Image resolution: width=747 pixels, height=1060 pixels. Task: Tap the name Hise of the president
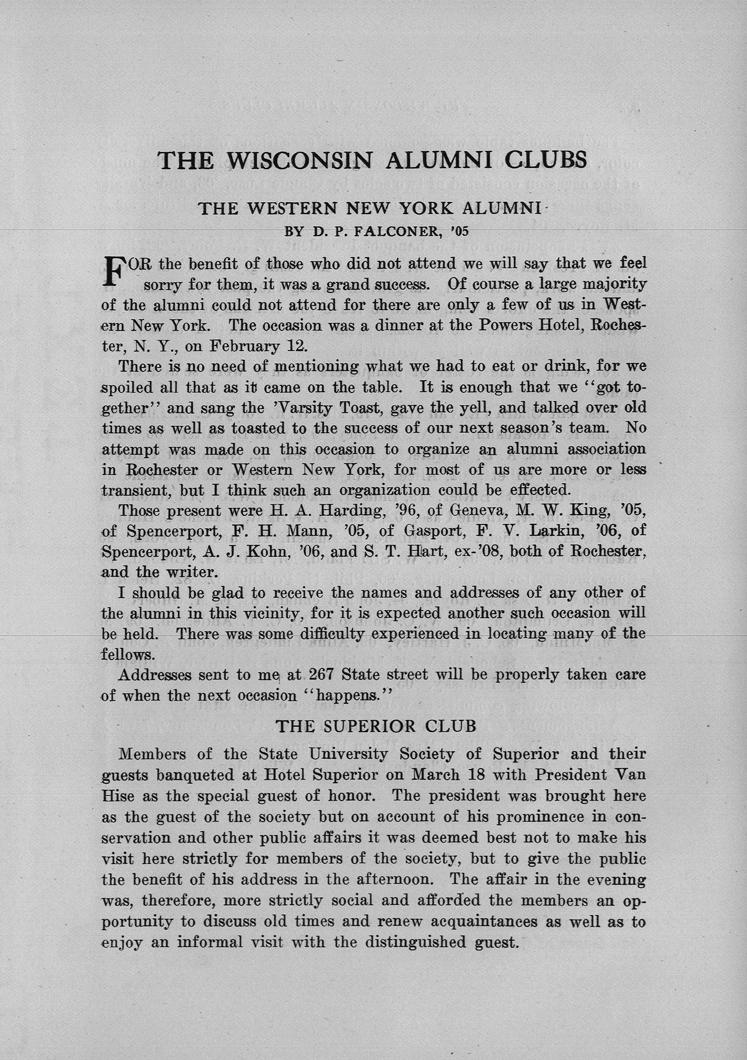(x=116, y=795)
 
